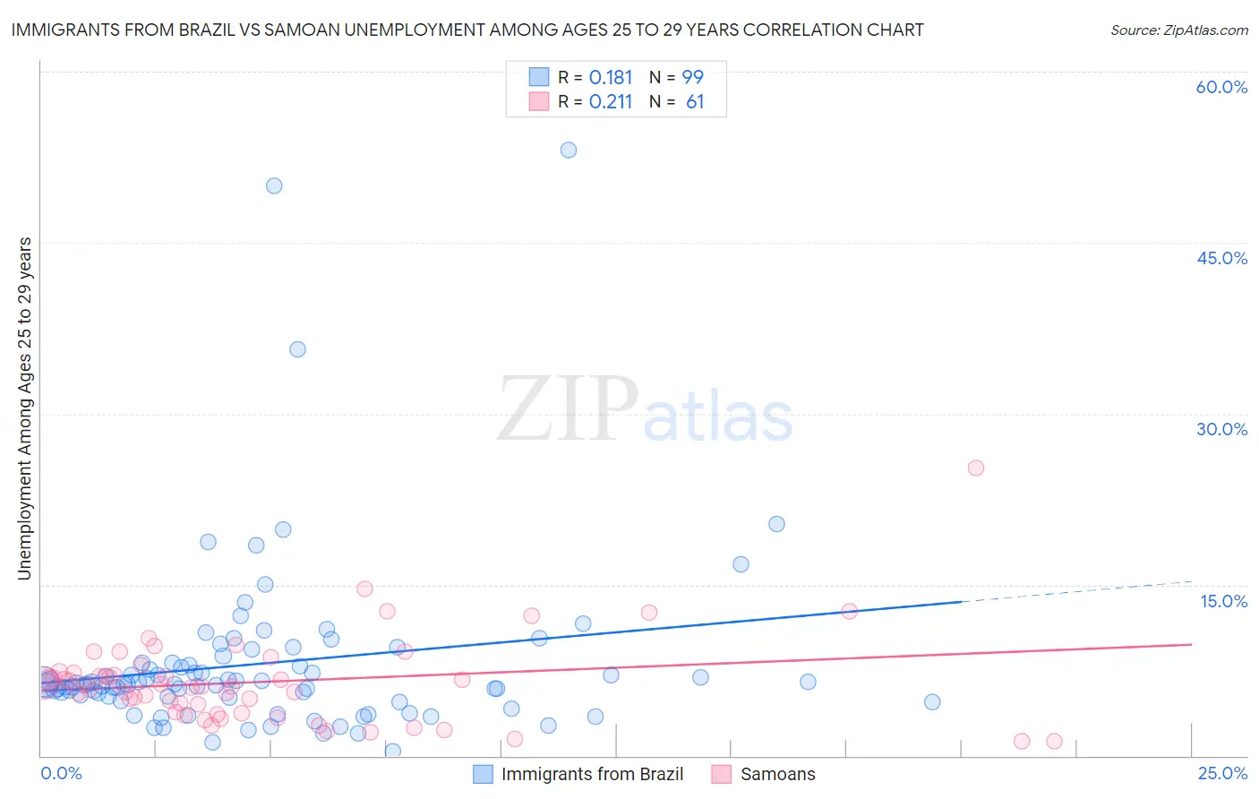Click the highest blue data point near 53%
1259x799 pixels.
tap(569, 150)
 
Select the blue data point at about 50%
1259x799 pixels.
tap(274, 185)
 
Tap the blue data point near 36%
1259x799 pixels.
tap(297, 349)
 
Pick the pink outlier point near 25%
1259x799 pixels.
tap(976, 468)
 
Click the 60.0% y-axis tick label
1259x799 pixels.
tap(1221, 87)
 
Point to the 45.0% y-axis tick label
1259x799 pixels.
tap(1221, 258)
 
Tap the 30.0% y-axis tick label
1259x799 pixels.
tap(1221, 429)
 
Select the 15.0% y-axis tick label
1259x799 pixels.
tap(1223, 601)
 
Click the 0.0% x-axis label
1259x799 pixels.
tap(61, 773)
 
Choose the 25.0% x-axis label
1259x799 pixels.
tap(1222, 773)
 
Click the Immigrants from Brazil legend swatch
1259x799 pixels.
tap(483, 774)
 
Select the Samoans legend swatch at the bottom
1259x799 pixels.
tap(722, 774)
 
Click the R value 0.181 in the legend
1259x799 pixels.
tap(611, 77)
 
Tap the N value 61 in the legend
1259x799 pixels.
tap(695, 102)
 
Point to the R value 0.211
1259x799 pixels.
tap(611, 102)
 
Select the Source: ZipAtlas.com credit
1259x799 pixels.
tap(1178, 30)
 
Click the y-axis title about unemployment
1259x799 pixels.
tap(24, 408)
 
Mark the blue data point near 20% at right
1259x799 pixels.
tap(776, 524)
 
